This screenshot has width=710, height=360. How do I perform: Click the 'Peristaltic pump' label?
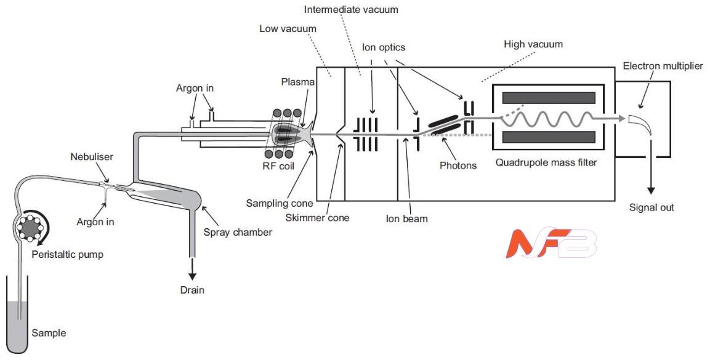[68, 255]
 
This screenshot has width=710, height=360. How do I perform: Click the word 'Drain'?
[192, 290]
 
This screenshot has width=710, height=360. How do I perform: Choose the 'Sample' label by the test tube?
[49, 333]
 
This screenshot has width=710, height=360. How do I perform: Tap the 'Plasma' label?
[298, 82]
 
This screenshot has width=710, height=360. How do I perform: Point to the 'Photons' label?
[458, 166]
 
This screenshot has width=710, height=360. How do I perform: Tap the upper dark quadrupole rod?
[549, 97]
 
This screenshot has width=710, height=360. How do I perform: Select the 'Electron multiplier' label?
[662, 66]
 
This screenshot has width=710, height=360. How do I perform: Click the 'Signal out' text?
[652, 207]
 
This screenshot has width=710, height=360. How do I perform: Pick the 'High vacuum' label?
[533, 44]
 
